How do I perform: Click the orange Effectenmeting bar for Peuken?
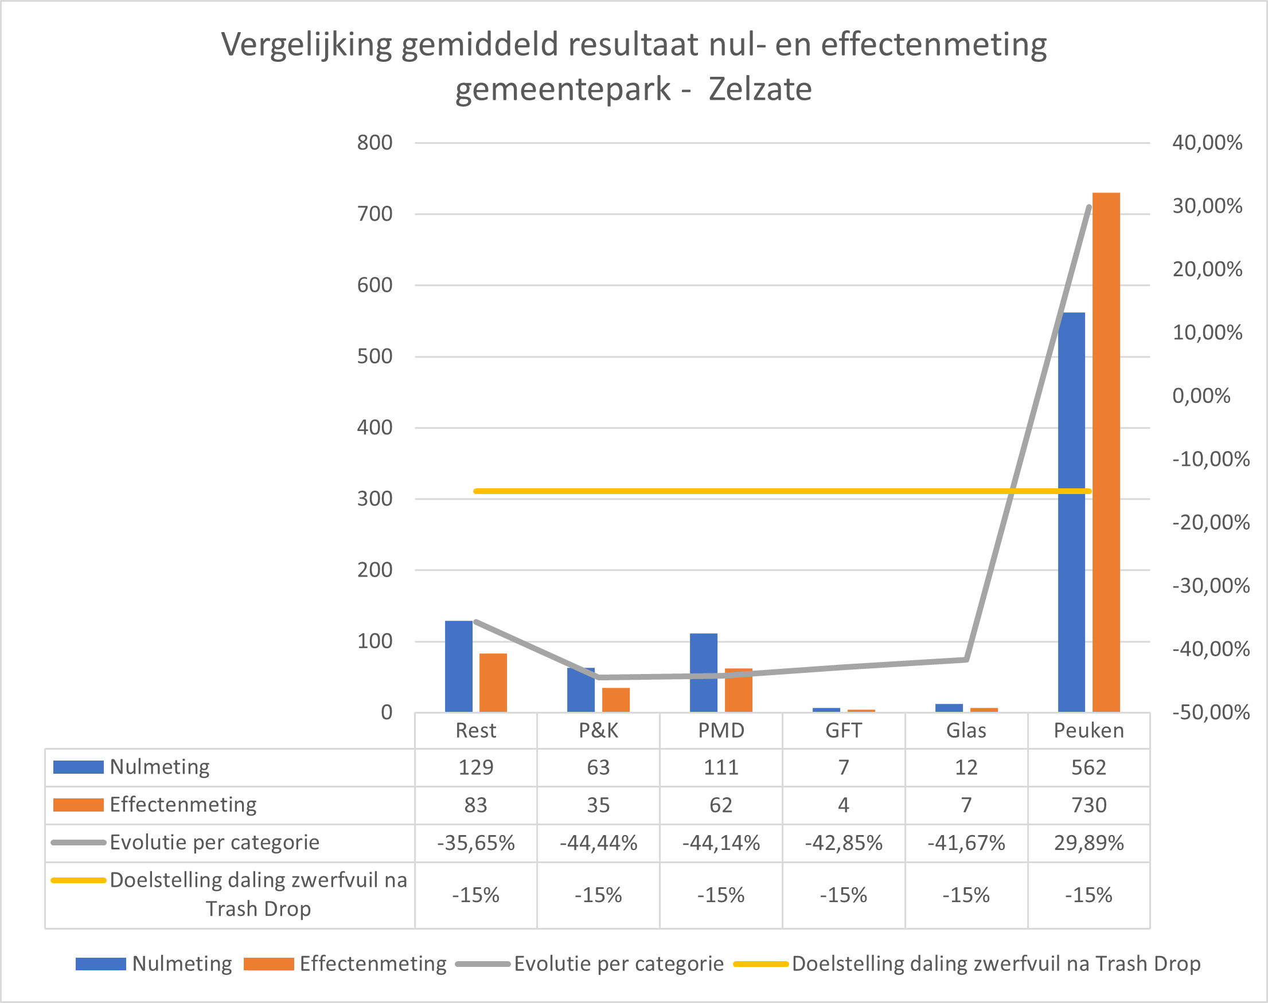pos(1106,452)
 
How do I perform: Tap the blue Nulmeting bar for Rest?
pos(458,667)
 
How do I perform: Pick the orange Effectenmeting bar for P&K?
pos(616,700)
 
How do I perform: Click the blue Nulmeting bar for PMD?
pos(703,673)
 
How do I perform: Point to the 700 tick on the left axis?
pos(374,214)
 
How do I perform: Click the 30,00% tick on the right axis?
pos(1207,206)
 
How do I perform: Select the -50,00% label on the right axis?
pos(1211,712)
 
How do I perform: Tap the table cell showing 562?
pos(1088,767)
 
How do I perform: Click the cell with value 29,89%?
pos(1088,843)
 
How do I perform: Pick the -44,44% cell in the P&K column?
pos(598,843)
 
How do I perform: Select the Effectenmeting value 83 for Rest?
pos(475,805)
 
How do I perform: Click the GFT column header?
pos(843,731)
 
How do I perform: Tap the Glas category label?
pos(966,731)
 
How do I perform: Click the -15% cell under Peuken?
pos(1088,895)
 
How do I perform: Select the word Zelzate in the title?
pos(760,89)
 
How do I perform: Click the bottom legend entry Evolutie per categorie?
pos(618,963)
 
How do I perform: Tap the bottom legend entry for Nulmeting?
pos(182,963)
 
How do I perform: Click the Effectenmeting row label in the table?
pos(183,805)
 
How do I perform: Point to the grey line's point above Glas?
pos(966,660)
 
